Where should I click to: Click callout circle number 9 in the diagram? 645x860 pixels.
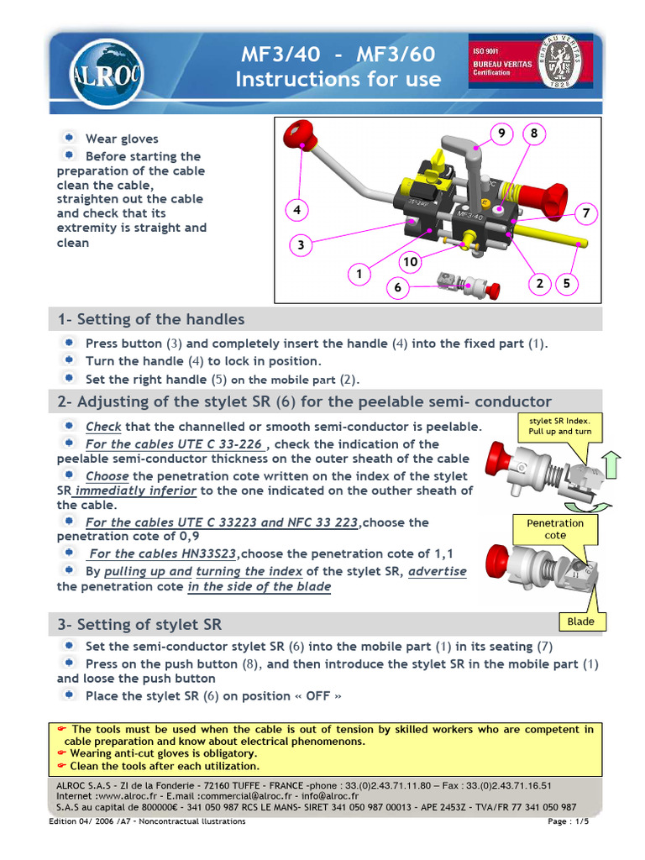pyautogui.click(x=501, y=134)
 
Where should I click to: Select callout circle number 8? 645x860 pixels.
pyautogui.click(x=533, y=134)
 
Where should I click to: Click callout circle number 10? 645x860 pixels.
pyautogui.click(x=410, y=262)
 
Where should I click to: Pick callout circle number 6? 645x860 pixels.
pyautogui.click(x=398, y=287)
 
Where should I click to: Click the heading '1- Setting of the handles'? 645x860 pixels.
pyautogui.click(x=151, y=319)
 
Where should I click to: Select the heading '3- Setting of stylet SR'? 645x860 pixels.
pyautogui.click(x=139, y=624)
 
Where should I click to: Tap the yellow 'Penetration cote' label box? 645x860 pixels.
pyautogui.click(x=555, y=529)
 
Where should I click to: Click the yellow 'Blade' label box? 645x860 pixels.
pyautogui.click(x=580, y=621)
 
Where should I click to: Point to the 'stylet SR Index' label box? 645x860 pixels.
pyautogui.click(x=560, y=426)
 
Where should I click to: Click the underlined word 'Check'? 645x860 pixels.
pyautogui.click(x=103, y=427)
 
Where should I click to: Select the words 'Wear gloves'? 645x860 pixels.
pyautogui.click(x=122, y=139)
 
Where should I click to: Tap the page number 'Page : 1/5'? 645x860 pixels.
pyautogui.click(x=568, y=821)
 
